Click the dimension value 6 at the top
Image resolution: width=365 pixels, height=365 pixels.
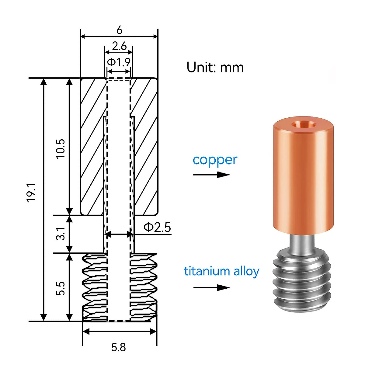119,30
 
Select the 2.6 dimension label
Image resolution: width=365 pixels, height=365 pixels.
119,46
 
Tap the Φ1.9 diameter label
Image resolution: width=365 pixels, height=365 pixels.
119,62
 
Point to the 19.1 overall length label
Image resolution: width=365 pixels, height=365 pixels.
31,193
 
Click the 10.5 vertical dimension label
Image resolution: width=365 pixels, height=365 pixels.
61,148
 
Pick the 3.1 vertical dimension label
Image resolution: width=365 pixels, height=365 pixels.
61,233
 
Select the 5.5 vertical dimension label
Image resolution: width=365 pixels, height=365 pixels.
61,288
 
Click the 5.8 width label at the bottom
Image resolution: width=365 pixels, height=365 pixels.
118,347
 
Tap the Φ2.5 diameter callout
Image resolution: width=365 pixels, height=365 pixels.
157,227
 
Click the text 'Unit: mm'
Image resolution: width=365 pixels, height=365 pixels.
215,68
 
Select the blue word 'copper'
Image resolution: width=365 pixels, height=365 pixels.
215,160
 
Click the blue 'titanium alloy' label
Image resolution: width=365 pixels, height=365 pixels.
221,271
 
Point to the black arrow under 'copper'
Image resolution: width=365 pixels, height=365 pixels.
211,175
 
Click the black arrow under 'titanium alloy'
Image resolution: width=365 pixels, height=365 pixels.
211,288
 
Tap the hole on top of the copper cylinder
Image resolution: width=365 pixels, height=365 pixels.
303,124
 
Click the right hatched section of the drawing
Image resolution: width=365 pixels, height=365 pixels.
146,146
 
